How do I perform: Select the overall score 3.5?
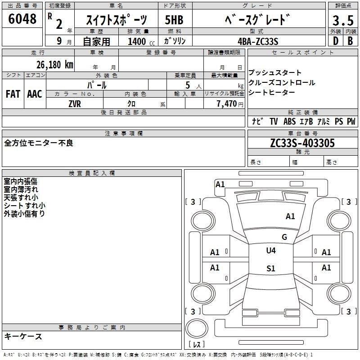(x=342, y=21)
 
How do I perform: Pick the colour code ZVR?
(x=75, y=103)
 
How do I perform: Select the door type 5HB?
(x=175, y=20)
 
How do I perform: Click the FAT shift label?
(x=13, y=94)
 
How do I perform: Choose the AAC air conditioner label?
(x=34, y=94)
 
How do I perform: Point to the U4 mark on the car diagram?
(x=271, y=250)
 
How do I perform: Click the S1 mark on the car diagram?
(x=270, y=268)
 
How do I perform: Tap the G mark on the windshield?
(x=284, y=237)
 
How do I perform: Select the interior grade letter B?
(x=350, y=41)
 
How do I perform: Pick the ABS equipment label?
(x=290, y=121)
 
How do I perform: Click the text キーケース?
(x=23, y=336)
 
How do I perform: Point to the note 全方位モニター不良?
(x=39, y=143)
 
